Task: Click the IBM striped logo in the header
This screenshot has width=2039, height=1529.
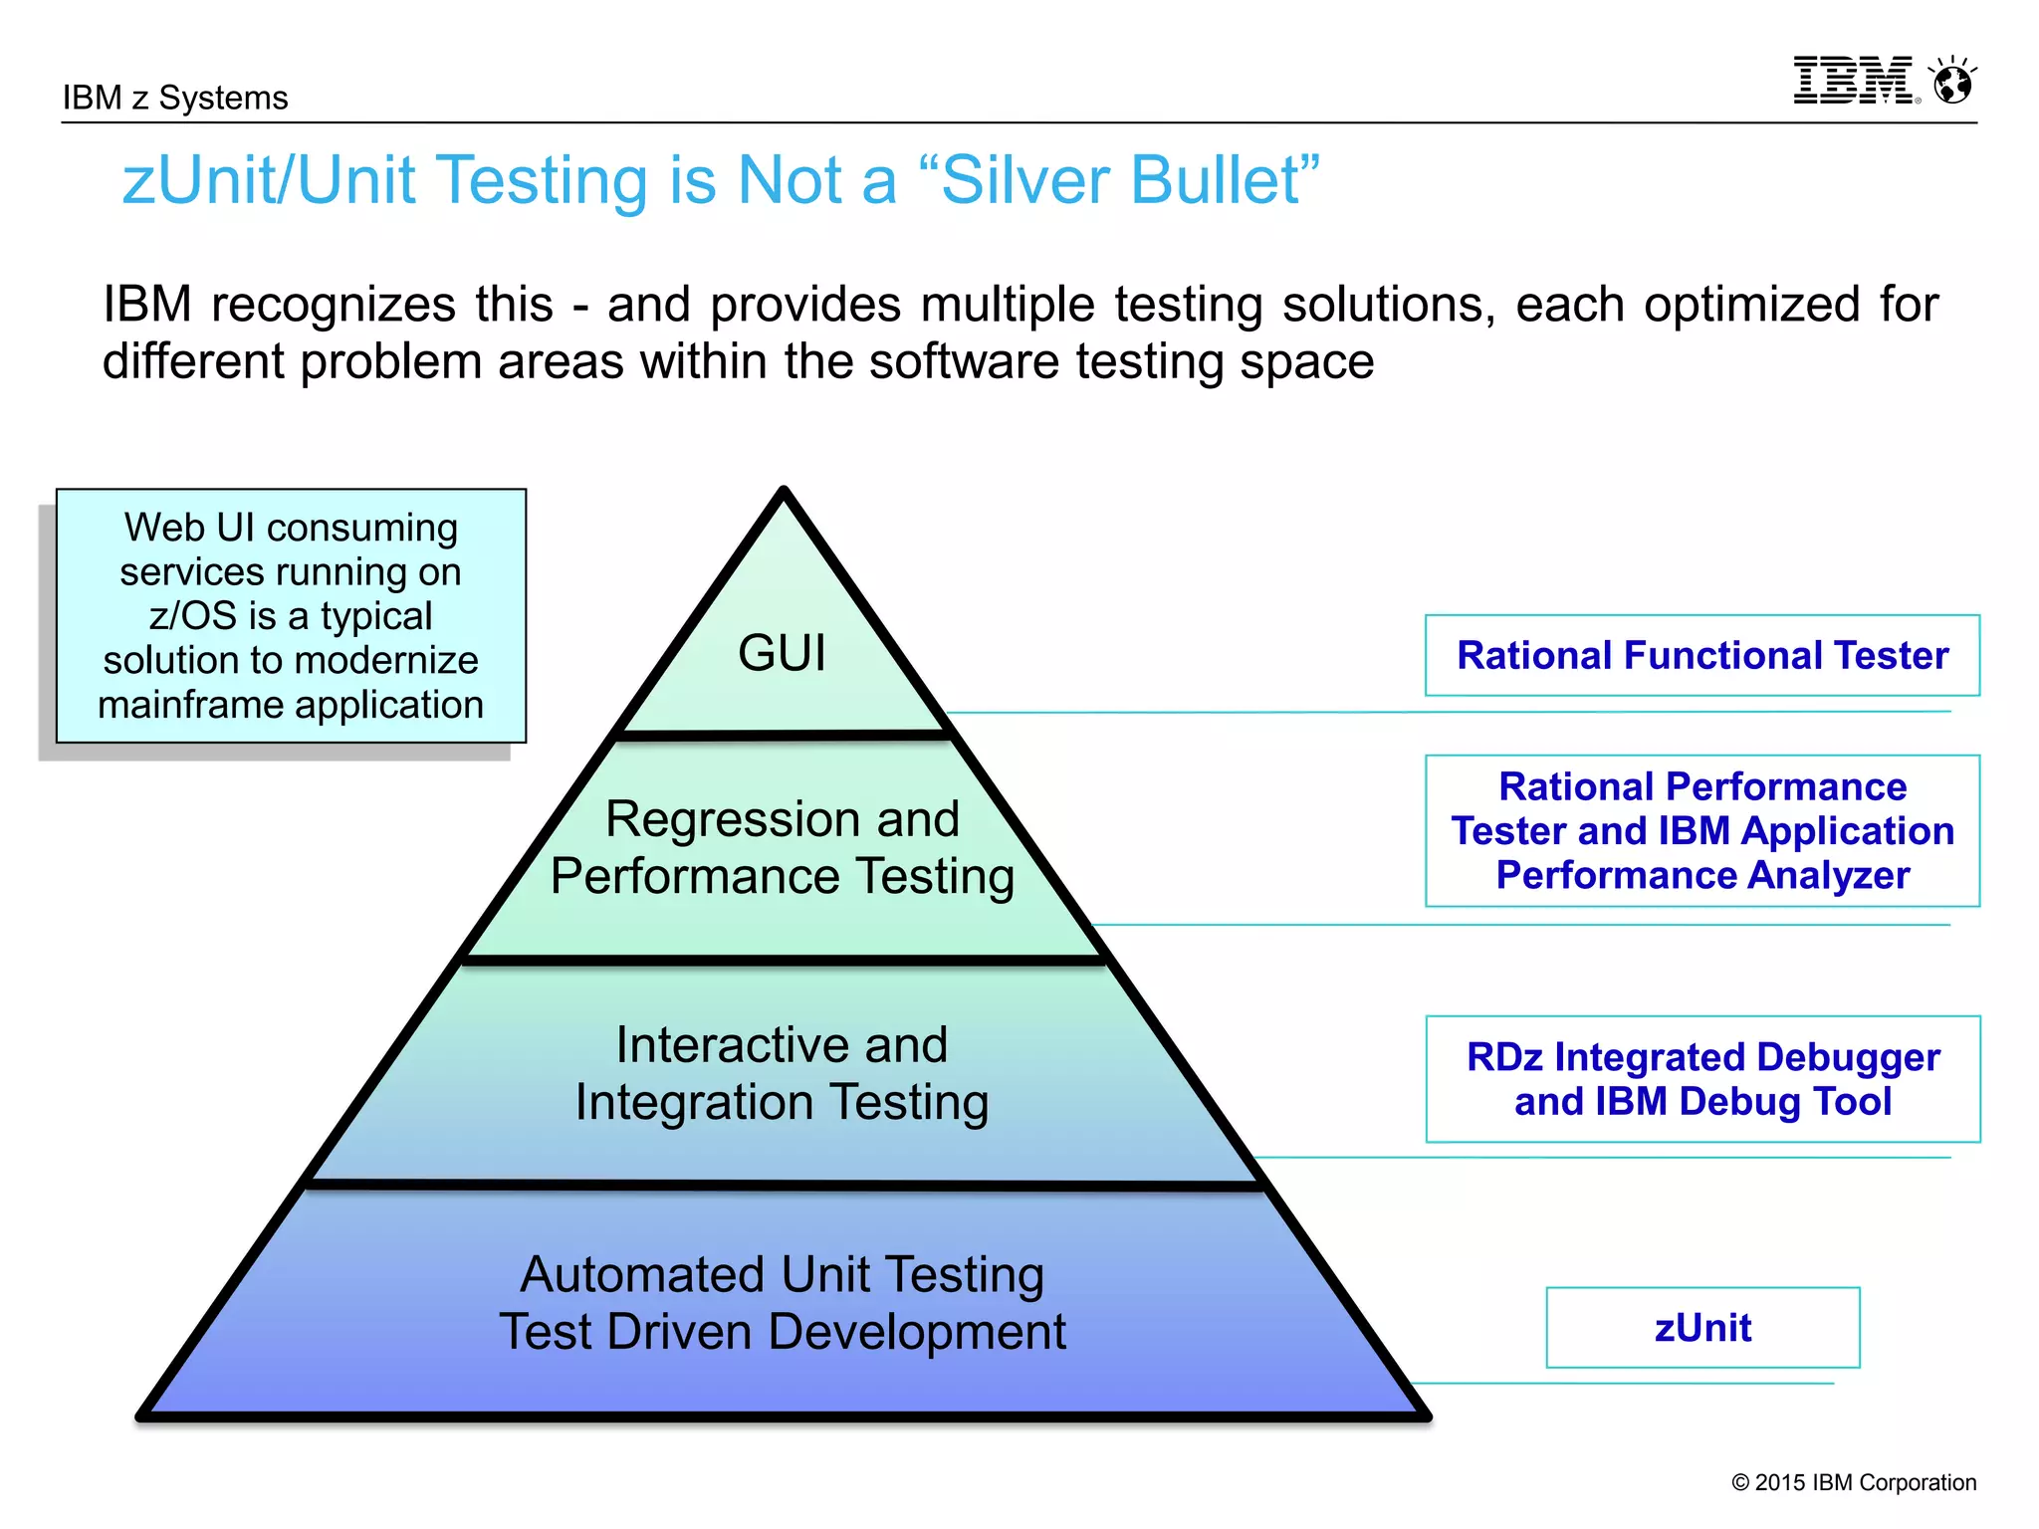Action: pyautogui.click(x=1853, y=81)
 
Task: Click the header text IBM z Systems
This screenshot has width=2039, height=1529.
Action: pyautogui.click(x=175, y=98)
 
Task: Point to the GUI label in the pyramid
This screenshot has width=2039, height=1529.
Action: pyautogui.click(x=782, y=654)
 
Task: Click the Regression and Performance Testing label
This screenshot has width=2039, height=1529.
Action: pyautogui.click(x=783, y=848)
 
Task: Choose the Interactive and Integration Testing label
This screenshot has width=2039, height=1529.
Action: pyautogui.click(x=783, y=1073)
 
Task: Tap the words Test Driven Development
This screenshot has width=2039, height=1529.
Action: pyautogui.click(x=783, y=1332)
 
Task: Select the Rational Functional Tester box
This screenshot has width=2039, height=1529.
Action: pyautogui.click(x=1702, y=656)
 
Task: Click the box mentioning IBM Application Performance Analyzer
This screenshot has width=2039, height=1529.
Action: pyautogui.click(x=1702, y=831)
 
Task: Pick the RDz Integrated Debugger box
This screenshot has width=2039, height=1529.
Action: pyautogui.click(x=1702, y=1079)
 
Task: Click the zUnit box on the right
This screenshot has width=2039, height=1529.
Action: pyautogui.click(x=1702, y=1328)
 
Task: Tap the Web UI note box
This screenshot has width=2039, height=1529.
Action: pyautogui.click(x=291, y=616)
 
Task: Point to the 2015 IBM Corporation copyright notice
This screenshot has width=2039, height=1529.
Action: pyautogui.click(x=1854, y=1482)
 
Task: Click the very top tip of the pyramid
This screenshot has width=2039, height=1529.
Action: pyautogui.click(x=784, y=491)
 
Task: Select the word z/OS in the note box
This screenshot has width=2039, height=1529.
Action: pyautogui.click(x=192, y=616)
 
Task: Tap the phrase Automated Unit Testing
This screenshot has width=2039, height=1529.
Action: pyautogui.click(x=783, y=1274)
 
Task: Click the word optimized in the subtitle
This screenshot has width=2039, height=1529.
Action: pyautogui.click(x=1751, y=305)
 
